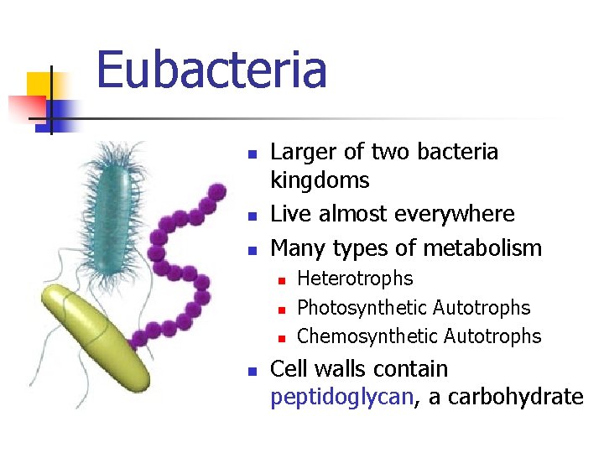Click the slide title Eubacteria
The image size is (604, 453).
click(211, 70)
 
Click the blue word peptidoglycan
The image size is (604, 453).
click(342, 397)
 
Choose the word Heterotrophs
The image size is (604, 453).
click(355, 279)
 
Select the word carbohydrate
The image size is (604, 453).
click(506, 397)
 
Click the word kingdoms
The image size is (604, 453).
click(320, 180)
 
